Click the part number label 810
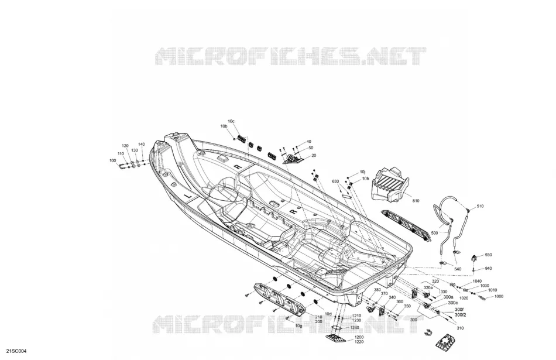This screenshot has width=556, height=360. click(416, 201)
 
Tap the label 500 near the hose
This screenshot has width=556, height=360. click(434, 233)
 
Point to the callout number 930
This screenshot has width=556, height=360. click(488, 255)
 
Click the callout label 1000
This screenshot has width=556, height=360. click(499, 297)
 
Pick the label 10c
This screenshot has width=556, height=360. click(231, 121)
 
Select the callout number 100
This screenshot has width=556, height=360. click(113, 160)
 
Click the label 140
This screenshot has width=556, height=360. click(142, 145)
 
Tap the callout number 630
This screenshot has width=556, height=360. click(335, 181)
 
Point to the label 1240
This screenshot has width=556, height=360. click(355, 328)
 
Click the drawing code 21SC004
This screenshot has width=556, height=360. click(14, 351)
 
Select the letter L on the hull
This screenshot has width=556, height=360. click(188, 196)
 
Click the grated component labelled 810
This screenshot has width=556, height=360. click(390, 185)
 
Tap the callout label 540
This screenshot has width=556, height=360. click(458, 269)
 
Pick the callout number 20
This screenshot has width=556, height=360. click(314, 155)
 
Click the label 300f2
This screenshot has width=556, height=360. click(460, 314)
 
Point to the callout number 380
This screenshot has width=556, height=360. click(377, 290)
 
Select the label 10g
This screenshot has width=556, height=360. click(299, 326)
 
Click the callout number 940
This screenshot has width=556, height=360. click(488, 269)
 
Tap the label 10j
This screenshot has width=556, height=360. click(362, 172)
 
